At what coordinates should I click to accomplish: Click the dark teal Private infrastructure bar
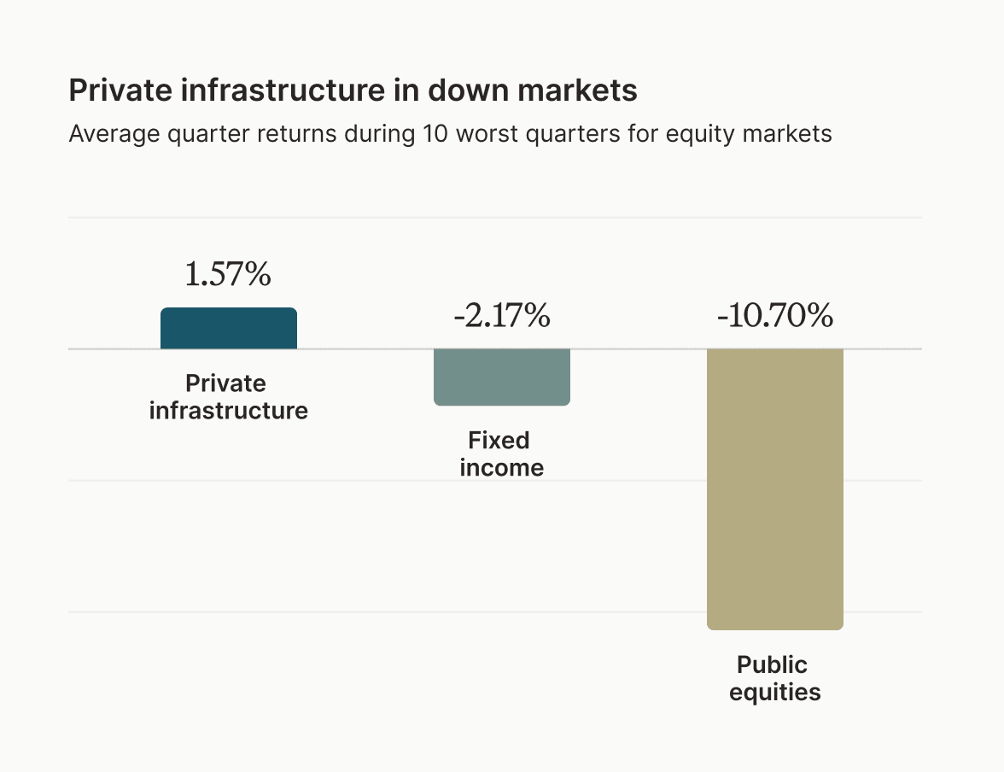(229, 329)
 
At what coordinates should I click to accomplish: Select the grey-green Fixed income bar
(502, 377)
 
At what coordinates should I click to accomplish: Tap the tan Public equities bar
(775, 488)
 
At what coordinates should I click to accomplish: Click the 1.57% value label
(228, 275)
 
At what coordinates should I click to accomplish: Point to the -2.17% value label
(502, 317)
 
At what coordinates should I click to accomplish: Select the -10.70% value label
(775, 317)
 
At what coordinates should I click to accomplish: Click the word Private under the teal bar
(225, 383)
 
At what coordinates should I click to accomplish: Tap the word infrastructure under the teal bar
(229, 411)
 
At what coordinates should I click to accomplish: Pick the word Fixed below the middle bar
(499, 441)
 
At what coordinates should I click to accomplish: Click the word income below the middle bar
(502, 468)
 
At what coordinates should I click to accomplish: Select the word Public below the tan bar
(772, 664)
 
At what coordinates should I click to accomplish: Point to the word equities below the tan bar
(775, 692)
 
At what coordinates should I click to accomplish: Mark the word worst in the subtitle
(488, 134)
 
